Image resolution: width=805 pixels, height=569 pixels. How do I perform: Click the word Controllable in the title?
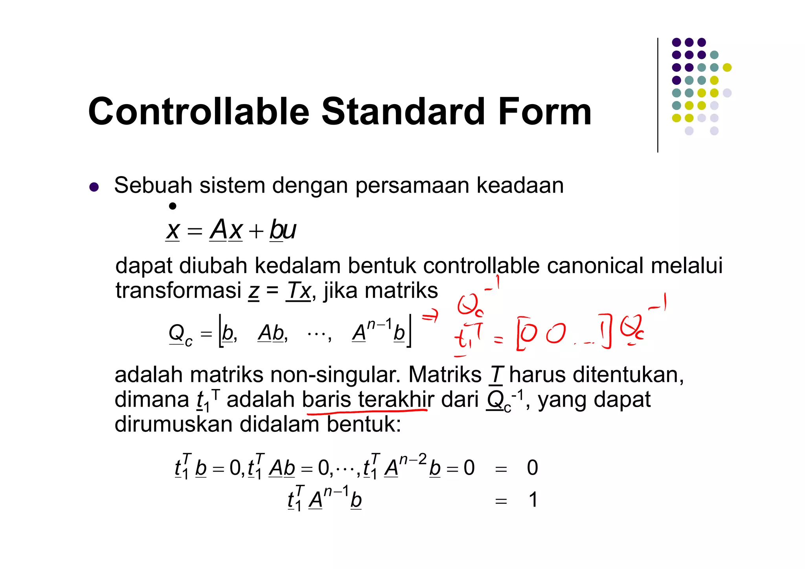pyautogui.click(x=199, y=112)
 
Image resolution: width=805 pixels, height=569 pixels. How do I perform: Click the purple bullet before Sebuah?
pyautogui.click(x=94, y=187)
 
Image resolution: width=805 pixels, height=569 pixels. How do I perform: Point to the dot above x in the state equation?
pyautogui.click(x=173, y=206)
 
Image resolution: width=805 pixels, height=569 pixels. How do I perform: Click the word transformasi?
pyautogui.click(x=178, y=291)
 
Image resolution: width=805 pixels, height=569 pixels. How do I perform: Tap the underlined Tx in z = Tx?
pyautogui.click(x=298, y=291)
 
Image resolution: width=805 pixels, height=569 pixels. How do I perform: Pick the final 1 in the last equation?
pyautogui.click(x=533, y=500)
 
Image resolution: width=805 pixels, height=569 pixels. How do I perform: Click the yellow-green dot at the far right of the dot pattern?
pyautogui.click(x=727, y=68)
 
